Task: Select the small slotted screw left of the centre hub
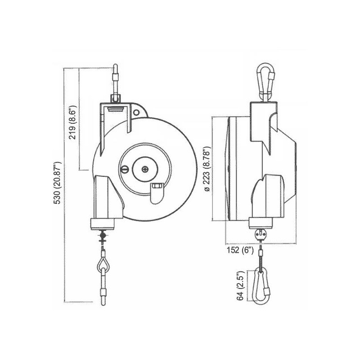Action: click(x=126, y=170)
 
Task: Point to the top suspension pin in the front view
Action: click(x=115, y=79)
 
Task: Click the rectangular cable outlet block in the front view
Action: click(x=105, y=223)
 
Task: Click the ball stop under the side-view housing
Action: click(x=261, y=233)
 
